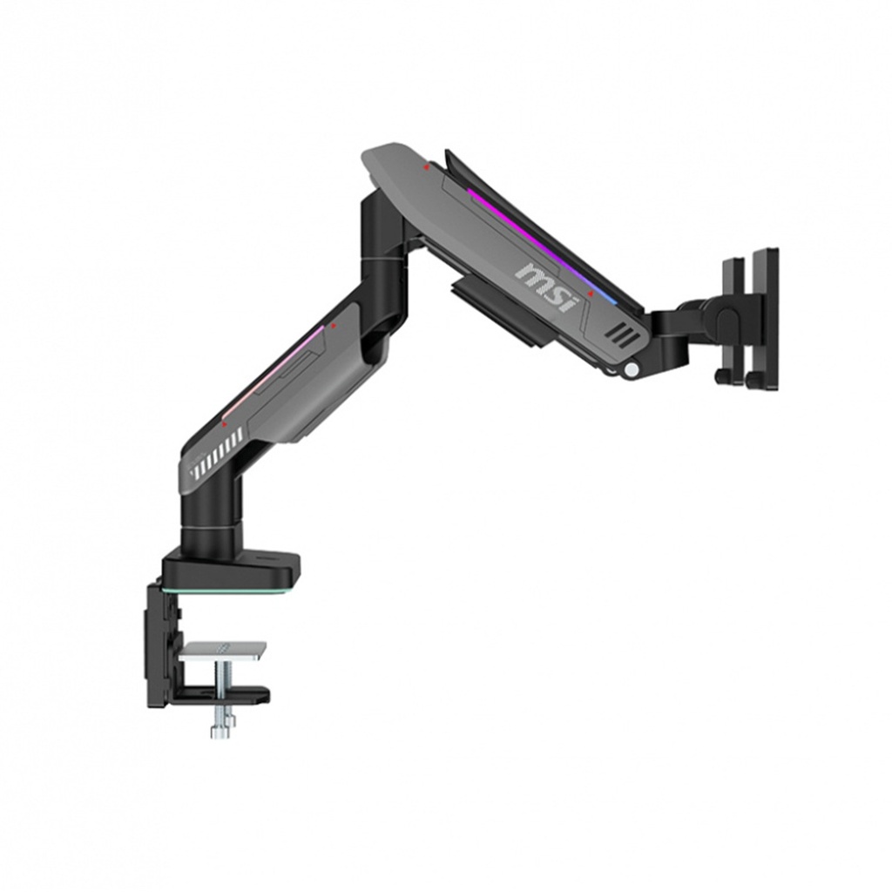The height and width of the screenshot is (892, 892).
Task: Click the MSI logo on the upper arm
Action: pyautogui.click(x=546, y=286)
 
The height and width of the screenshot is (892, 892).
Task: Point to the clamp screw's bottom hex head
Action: pyautogui.click(x=221, y=728)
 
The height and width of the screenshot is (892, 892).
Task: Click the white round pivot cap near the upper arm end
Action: pyautogui.click(x=630, y=370)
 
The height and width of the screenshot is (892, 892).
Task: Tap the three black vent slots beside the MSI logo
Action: pyautogui.click(x=618, y=334)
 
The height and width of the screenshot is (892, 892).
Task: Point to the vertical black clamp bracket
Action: pyautogui.click(x=159, y=645)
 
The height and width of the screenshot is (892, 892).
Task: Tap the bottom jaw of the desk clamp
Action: pyautogui.click(x=223, y=695)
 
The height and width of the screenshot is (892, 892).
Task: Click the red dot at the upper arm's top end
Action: pyautogui.click(x=426, y=166)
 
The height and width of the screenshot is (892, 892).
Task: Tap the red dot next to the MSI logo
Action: pyautogui.click(x=592, y=295)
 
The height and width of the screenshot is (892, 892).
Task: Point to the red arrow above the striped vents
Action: pyautogui.click(x=224, y=424)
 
